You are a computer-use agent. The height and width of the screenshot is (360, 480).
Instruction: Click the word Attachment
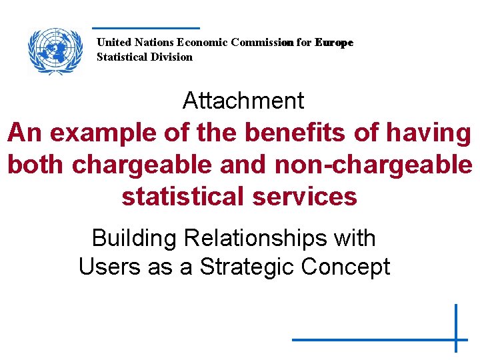[243, 101]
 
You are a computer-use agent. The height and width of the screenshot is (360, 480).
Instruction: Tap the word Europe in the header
[334, 42]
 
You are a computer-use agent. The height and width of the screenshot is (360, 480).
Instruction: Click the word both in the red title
[35, 165]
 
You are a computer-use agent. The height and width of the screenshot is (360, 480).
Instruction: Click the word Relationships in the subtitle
[266, 237]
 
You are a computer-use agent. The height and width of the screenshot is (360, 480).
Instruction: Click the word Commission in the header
[261, 42]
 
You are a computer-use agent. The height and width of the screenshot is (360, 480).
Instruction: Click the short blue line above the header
[145, 28]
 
